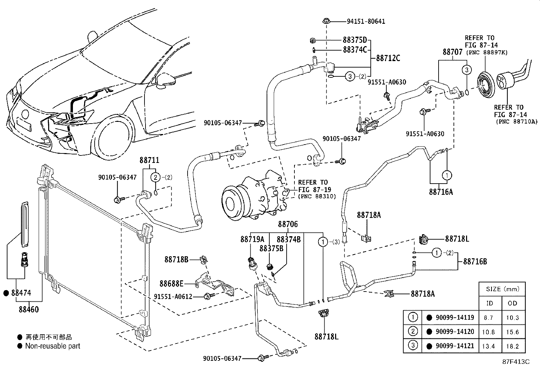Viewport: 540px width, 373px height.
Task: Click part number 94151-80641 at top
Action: point(366,21)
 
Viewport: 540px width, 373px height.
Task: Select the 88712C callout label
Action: point(388,58)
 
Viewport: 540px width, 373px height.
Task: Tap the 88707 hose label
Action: point(453,52)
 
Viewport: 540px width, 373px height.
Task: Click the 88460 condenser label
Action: point(28,309)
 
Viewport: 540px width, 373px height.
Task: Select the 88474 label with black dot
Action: point(20,293)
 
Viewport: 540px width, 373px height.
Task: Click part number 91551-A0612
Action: point(173,296)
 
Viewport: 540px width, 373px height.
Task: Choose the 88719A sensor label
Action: point(252,239)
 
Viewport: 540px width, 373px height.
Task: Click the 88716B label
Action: point(475,262)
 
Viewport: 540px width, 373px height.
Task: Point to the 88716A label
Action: point(441,192)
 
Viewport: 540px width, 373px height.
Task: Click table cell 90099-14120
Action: point(455,331)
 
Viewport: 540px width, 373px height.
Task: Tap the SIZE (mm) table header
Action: point(502,289)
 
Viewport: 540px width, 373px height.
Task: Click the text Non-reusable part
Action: point(53,346)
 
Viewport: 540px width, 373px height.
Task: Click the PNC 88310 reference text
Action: point(317,196)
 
